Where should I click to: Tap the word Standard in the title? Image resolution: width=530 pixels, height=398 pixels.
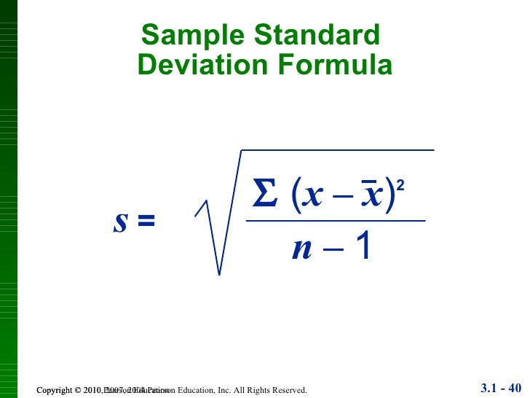(x=314, y=35)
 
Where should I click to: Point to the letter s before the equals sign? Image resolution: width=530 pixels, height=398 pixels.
(x=121, y=222)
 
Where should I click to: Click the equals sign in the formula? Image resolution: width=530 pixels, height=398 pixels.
(x=146, y=222)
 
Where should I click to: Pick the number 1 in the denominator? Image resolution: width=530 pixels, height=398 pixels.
(x=363, y=249)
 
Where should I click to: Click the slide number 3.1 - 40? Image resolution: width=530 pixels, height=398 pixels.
(x=502, y=386)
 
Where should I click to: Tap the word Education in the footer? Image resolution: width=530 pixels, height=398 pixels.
(x=191, y=391)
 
